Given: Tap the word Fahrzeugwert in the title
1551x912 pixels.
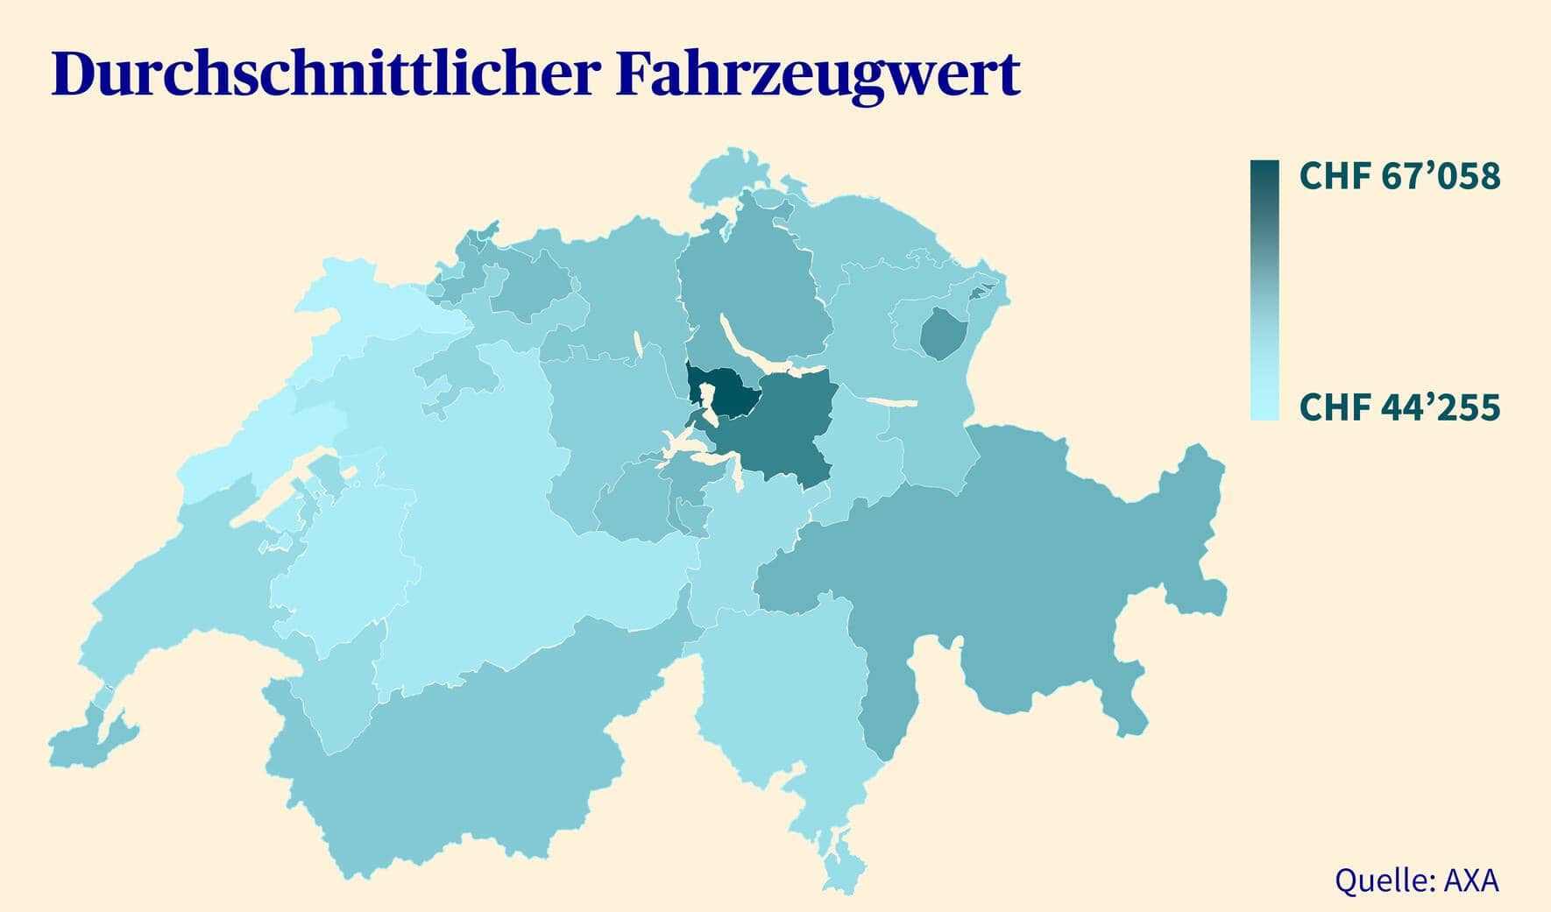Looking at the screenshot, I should point(818,74).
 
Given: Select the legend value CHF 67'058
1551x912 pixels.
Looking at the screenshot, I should point(1399,176).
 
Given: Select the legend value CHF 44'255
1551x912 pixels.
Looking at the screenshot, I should point(1399,407).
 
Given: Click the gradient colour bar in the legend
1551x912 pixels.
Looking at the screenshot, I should point(1264,289).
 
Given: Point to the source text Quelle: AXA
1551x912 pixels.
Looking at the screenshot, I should point(1416,880).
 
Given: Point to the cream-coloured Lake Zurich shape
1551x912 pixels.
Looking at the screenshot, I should point(754,346).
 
